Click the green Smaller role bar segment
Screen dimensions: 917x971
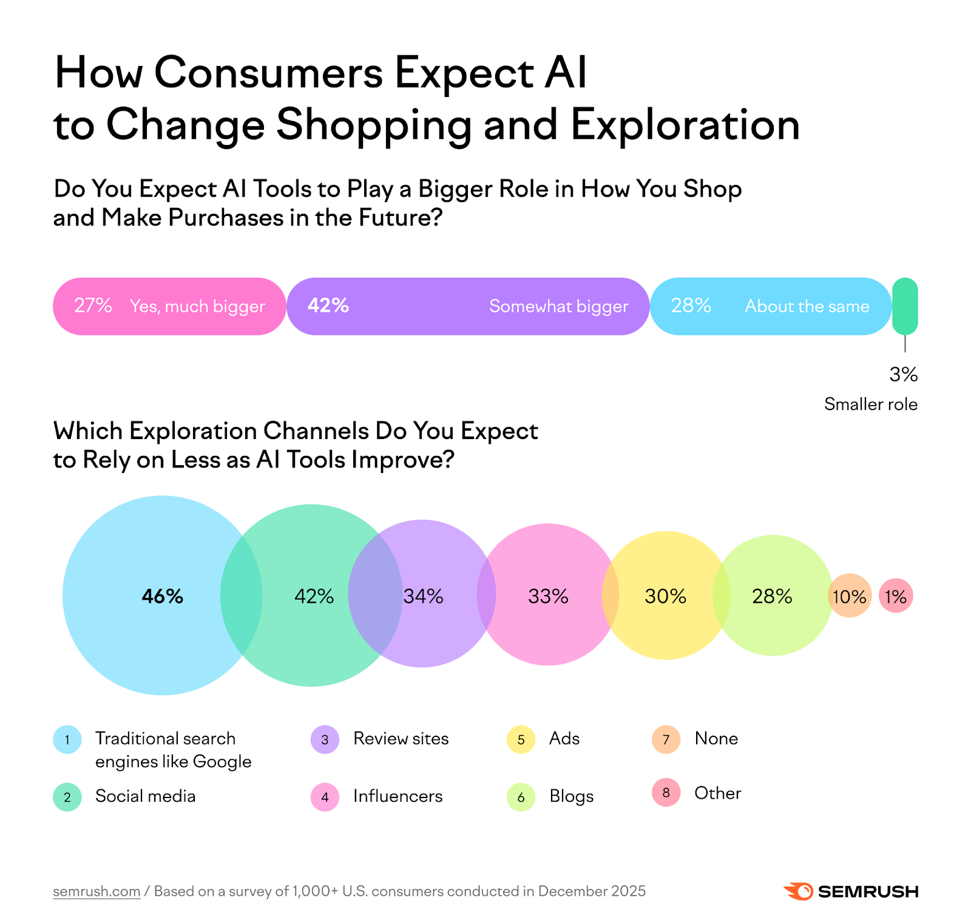(904, 306)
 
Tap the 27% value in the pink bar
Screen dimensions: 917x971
(93, 306)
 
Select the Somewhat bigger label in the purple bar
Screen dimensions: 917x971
(558, 306)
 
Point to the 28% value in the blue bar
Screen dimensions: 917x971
(691, 306)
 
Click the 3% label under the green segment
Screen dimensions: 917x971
(903, 375)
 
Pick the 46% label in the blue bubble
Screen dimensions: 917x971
(162, 597)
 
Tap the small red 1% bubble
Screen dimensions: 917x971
(896, 596)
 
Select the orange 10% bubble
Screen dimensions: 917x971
(849, 596)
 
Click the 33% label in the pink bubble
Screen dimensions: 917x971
(548, 597)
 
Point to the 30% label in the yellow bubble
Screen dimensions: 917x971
(665, 597)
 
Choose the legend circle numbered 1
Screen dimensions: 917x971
(67, 739)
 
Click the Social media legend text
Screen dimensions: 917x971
(145, 796)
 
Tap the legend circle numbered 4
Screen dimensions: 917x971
(325, 797)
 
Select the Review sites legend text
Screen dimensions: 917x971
(401, 739)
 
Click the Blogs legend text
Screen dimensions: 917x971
(571, 796)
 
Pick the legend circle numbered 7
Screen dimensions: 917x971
(666, 739)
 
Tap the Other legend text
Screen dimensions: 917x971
(717, 793)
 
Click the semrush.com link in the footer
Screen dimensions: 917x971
(96, 891)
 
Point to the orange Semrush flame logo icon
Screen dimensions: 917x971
(798, 891)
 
